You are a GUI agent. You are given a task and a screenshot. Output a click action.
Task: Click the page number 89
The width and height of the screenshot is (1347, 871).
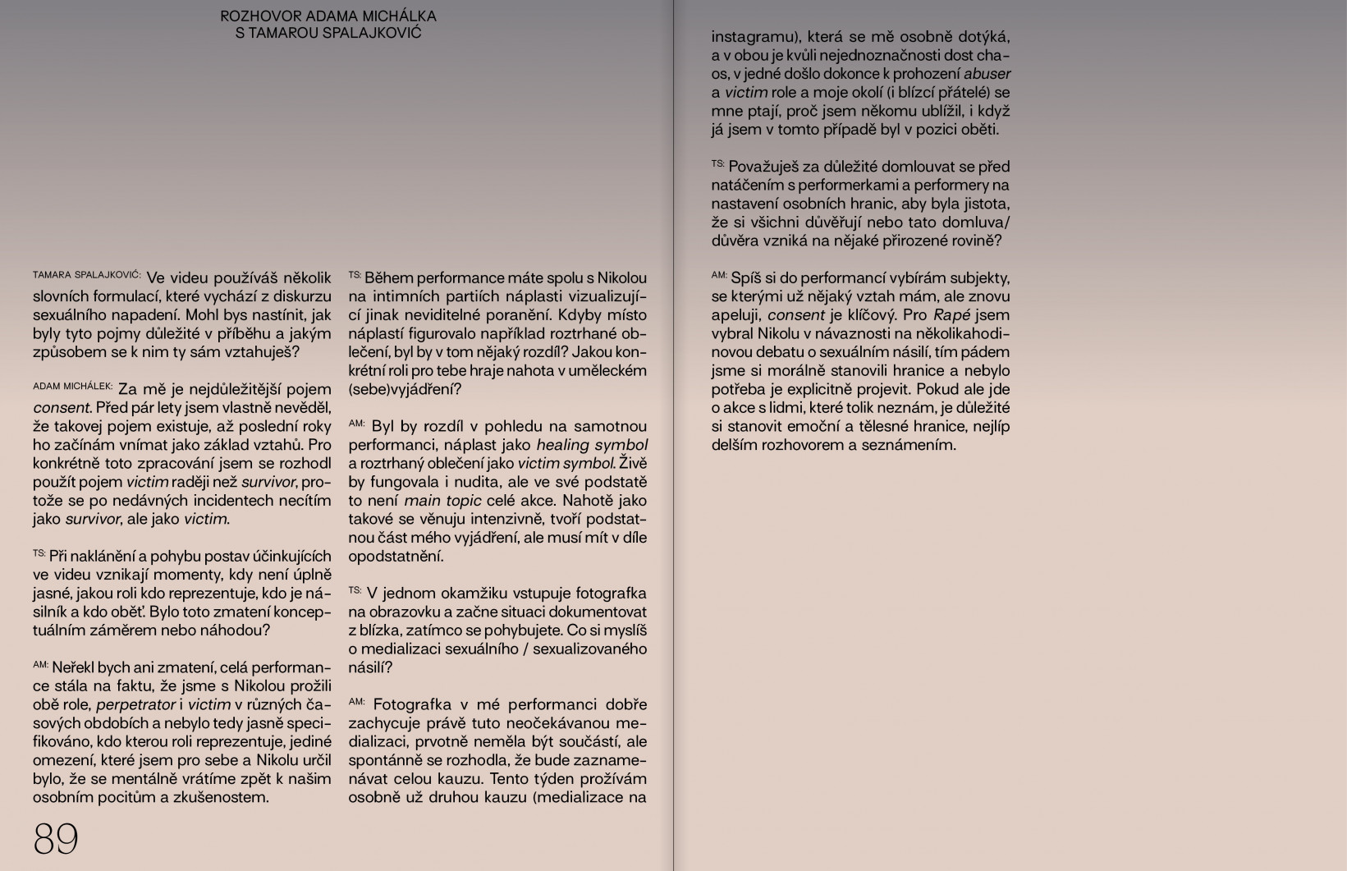point(56,839)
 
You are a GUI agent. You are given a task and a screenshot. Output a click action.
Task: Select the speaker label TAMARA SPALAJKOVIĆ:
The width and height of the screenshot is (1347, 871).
point(87,275)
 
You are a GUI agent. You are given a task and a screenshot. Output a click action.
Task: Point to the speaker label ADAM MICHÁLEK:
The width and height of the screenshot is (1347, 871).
point(73,386)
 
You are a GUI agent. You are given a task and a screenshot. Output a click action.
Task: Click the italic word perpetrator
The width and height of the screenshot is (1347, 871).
point(135,704)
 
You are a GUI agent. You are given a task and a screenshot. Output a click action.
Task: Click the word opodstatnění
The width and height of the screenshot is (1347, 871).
point(396,557)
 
